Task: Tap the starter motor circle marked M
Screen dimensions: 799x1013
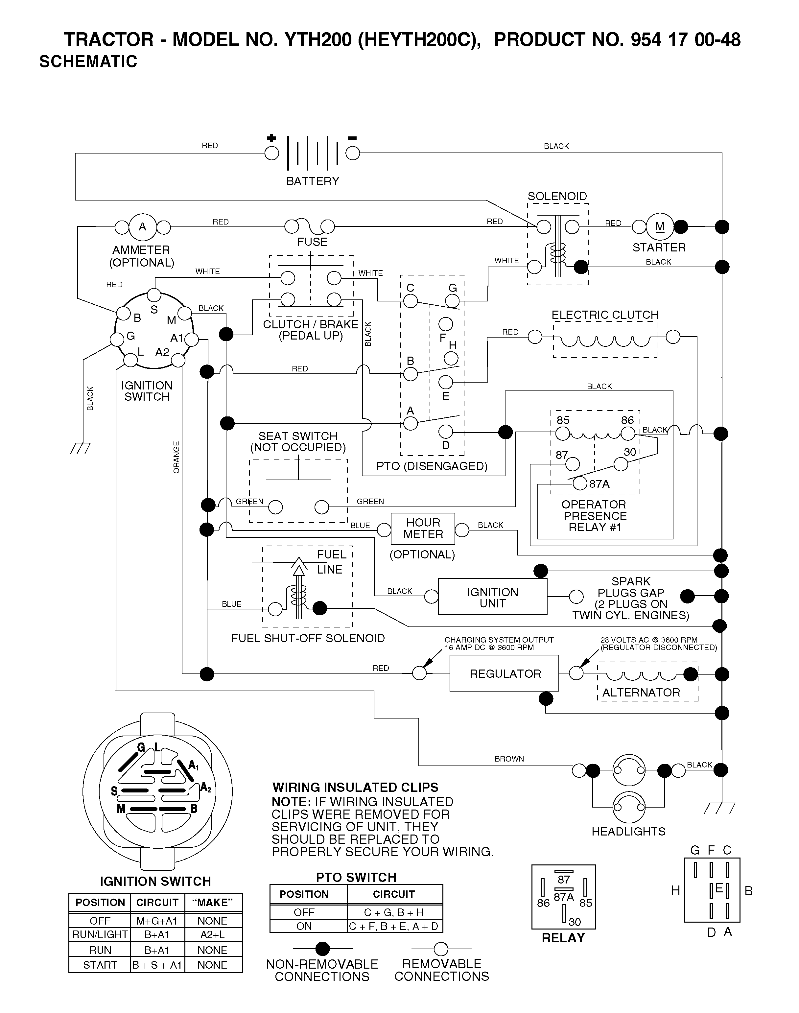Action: point(660,227)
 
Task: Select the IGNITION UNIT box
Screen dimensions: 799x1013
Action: point(493,597)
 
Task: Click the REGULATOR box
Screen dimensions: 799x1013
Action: point(504,673)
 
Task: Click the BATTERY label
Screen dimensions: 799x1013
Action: point(313,181)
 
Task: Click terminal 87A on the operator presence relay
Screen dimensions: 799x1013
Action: point(580,483)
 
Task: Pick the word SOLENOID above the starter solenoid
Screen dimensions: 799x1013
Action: point(557,197)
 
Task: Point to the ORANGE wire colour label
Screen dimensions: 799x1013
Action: point(176,457)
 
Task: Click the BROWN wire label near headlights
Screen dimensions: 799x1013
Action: point(509,759)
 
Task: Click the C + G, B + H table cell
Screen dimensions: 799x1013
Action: point(395,912)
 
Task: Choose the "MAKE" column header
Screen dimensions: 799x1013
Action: point(213,903)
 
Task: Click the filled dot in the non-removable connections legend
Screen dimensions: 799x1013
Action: point(323,949)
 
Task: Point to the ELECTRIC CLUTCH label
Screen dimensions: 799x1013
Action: point(605,315)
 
